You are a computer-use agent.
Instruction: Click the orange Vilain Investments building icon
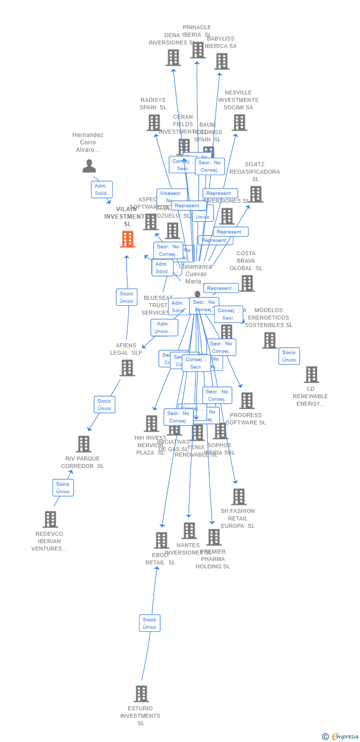(x=128, y=239)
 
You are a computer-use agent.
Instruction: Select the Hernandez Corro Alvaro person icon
(x=89, y=166)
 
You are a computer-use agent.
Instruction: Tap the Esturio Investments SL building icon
(x=141, y=694)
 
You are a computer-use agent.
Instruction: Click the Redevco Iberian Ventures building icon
(x=50, y=519)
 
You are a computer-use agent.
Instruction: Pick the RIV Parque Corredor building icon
(x=84, y=444)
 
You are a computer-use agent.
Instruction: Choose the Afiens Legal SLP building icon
(x=127, y=368)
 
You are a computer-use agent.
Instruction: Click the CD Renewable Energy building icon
(x=311, y=374)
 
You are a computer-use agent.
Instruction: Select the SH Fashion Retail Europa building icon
(x=238, y=497)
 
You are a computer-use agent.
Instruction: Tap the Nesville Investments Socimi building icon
(x=239, y=122)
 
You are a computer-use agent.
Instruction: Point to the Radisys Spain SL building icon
(x=154, y=123)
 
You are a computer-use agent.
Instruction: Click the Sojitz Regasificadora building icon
(x=256, y=194)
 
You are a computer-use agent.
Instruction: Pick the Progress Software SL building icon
(x=246, y=401)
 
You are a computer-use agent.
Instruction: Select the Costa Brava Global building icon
(x=247, y=283)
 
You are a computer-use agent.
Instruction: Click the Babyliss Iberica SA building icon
(x=222, y=61)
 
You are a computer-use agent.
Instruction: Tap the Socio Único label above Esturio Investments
(x=149, y=623)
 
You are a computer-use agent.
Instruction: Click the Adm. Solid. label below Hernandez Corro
(x=101, y=189)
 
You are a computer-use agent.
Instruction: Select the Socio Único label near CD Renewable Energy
(x=289, y=356)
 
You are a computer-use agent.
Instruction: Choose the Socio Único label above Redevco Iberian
(x=63, y=488)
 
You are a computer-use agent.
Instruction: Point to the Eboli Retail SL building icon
(x=161, y=540)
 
